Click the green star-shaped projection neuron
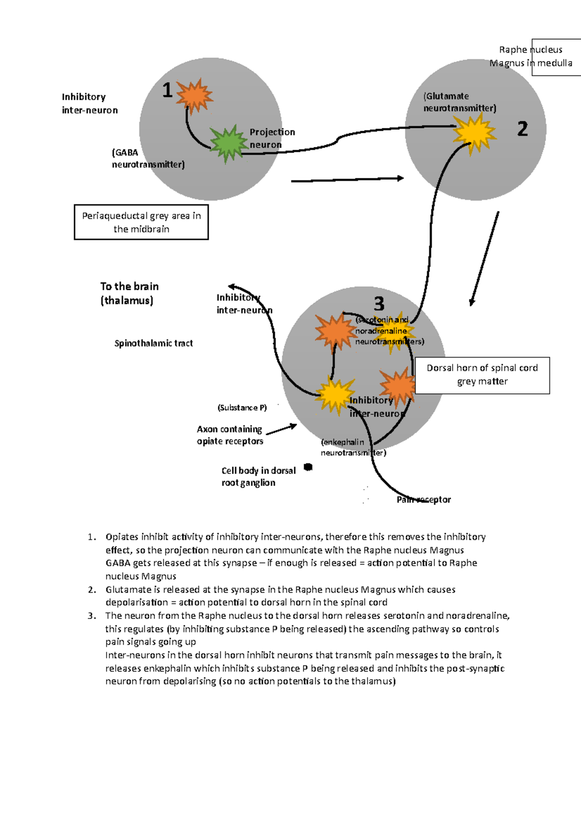(227, 143)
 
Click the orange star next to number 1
(194, 96)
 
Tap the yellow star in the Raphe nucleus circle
(474, 133)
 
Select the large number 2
(522, 129)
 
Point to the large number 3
(379, 304)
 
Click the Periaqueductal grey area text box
(141, 222)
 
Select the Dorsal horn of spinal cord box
(482, 375)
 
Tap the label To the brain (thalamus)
(129, 293)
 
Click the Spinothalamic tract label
(153, 344)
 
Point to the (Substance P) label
(242, 408)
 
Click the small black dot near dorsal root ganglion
(308, 467)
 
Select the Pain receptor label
(424, 500)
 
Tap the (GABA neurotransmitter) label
(148, 158)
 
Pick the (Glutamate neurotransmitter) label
(459, 102)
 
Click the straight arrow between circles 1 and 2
(347, 180)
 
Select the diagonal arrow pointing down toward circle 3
(485, 258)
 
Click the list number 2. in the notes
(92, 590)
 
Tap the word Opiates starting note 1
(122, 537)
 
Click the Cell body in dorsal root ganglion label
(258, 476)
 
